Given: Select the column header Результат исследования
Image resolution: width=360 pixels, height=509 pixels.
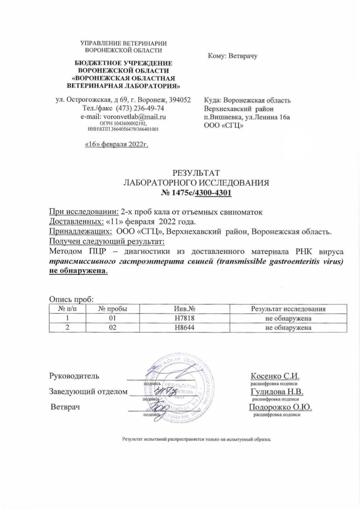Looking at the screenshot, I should [x=288, y=309].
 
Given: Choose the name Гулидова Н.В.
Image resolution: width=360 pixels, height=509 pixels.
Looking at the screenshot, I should [x=277, y=392].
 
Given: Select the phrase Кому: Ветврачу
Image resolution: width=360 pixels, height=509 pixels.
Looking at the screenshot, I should [x=232, y=56].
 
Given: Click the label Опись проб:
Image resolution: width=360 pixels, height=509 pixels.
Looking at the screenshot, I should [x=71, y=299].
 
